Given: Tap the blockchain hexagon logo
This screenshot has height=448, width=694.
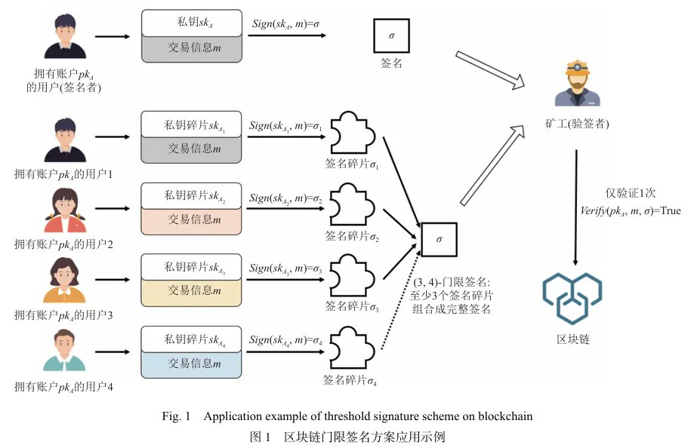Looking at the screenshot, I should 572,297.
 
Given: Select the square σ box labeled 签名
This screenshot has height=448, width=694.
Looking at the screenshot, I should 390,35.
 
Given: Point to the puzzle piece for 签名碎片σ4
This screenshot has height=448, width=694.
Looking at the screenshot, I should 353,347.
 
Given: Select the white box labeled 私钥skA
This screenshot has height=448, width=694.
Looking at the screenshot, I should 191,23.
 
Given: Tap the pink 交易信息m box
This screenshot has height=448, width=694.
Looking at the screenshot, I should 191,219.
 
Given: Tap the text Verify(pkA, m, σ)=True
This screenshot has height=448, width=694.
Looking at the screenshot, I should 628,210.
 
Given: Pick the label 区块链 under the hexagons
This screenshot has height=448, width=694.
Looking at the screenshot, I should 573,339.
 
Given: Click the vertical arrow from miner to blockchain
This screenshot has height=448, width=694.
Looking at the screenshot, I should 578,207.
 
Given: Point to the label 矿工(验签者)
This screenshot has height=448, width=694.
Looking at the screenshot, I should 577,123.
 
